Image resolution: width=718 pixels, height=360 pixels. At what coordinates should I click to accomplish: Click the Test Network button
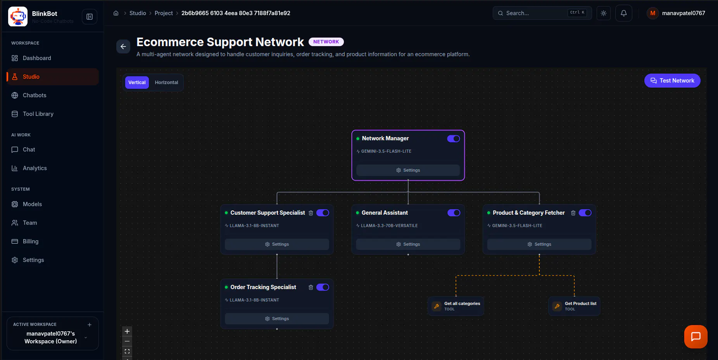pyautogui.click(x=672, y=81)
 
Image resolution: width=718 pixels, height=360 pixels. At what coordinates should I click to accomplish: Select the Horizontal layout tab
pyautogui.click(x=166, y=83)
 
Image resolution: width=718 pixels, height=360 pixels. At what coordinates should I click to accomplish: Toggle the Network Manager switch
pyautogui.click(x=454, y=139)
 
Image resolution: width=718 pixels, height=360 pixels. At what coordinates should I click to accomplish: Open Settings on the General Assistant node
pyautogui.click(x=408, y=244)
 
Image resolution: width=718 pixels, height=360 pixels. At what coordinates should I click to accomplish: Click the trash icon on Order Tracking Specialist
pyautogui.click(x=311, y=287)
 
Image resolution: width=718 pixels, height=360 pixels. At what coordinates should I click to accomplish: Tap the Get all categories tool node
pyautogui.click(x=456, y=306)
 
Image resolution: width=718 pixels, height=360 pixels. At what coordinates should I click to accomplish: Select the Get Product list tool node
pyautogui.click(x=574, y=306)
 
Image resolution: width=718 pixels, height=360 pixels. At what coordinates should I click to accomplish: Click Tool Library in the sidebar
pyautogui.click(x=38, y=114)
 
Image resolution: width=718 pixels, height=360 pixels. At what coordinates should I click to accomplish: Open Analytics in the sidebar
pyautogui.click(x=35, y=168)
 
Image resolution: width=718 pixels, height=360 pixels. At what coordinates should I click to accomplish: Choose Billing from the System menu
pyautogui.click(x=31, y=241)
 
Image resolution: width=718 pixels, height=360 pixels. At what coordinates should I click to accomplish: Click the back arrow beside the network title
pyautogui.click(x=123, y=47)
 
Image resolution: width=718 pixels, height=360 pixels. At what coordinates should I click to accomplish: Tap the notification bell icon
pyautogui.click(x=624, y=13)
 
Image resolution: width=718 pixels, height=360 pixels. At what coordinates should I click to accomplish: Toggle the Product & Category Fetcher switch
pyautogui.click(x=585, y=213)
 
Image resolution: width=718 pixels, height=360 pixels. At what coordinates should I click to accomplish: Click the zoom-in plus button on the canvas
pyautogui.click(x=127, y=331)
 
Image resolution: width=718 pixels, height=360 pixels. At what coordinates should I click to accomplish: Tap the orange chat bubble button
pyautogui.click(x=696, y=337)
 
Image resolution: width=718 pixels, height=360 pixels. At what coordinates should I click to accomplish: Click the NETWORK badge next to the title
pyautogui.click(x=326, y=42)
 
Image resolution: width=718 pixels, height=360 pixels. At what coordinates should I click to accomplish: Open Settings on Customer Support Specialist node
pyautogui.click(x=277, y=244)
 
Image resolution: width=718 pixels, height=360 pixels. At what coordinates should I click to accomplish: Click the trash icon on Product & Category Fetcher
pyautogui.click(x=573, y=213)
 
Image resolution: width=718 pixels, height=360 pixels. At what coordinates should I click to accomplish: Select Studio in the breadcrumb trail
pyautogui.click(x=138, y=13)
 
